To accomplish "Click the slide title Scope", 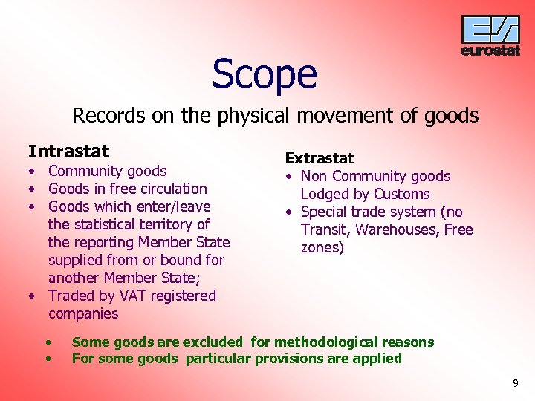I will point(265,74).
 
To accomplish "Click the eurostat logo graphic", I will point(490,30).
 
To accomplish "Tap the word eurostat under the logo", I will point(490,51).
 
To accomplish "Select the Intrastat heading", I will point(68,151).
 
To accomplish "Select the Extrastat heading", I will point(320,158).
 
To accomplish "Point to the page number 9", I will point(516,383).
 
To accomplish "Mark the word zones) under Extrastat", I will point(322,247).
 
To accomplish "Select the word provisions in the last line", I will point(286,359).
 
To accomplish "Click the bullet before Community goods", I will point(33,172).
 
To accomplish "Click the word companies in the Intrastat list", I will point(83,313).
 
